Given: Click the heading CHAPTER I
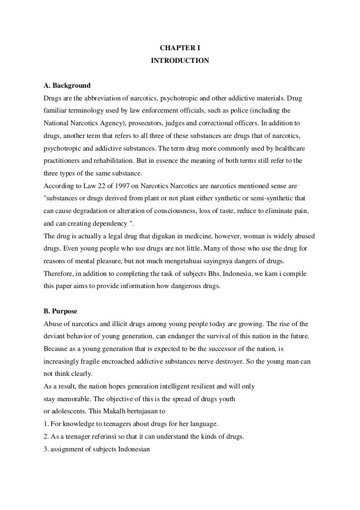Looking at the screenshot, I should click(x=180, y=48).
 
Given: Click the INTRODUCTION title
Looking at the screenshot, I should click(x=180, y=61).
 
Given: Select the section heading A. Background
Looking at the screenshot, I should click(x=67, y=86).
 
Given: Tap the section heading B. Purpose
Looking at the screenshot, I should click(x=60, y=311).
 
